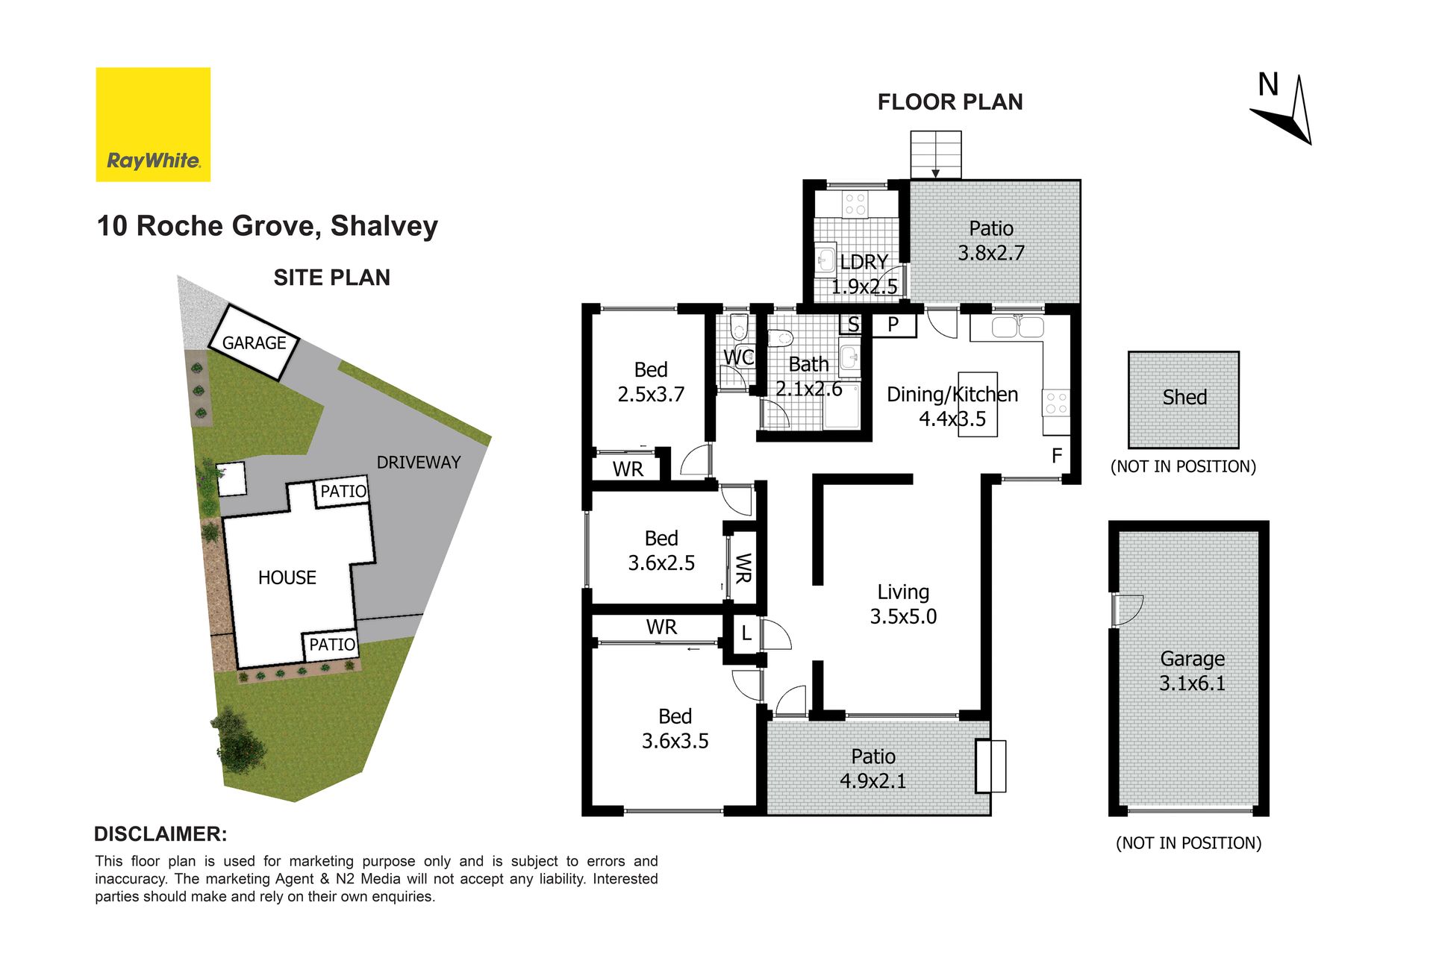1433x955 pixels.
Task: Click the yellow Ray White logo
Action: [153, 125]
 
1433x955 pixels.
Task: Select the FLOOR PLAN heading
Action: [950, 102]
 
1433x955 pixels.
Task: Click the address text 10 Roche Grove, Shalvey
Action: [267, 226]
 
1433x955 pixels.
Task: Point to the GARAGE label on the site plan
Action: [255, 343]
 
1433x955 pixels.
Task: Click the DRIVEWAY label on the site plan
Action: [419, 463]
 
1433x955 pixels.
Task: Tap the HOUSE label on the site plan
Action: [287, 577]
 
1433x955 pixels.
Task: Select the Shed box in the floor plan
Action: [1184, 400]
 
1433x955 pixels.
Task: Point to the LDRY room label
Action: [864, 262]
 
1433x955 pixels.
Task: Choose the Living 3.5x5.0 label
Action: [903, 604]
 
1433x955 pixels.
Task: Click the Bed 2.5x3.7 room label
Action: [651, 382]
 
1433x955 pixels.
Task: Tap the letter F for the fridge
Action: [1057, 455]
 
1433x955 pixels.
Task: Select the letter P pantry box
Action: [893, 325]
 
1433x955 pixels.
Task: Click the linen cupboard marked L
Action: [746, 634]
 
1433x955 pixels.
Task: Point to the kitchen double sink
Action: [1018, 328]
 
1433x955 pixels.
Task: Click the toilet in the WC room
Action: [738, 326]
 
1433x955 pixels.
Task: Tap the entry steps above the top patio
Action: [936, 155]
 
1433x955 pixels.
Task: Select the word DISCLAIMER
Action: [160, 834]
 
